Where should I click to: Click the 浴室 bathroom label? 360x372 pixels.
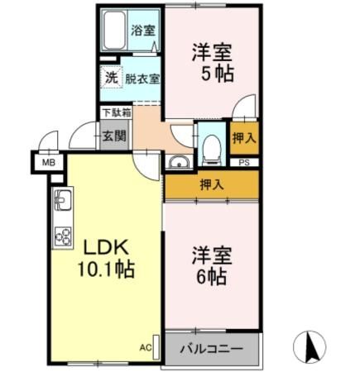[x=142, y=31]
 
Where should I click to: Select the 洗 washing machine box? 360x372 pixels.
[x=111, y=79]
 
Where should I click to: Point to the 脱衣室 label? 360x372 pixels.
[x=142, y=79]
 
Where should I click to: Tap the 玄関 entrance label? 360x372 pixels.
[x=113, y=135]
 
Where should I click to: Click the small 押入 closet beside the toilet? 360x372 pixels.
[x=243, y=138]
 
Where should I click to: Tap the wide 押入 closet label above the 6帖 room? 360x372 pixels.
[x=212, y=185]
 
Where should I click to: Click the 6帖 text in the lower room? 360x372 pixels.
[x=210, y=278]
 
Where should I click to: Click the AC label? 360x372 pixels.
[x=145, y=348]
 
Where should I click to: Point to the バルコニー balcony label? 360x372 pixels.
[x=212, y=349]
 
